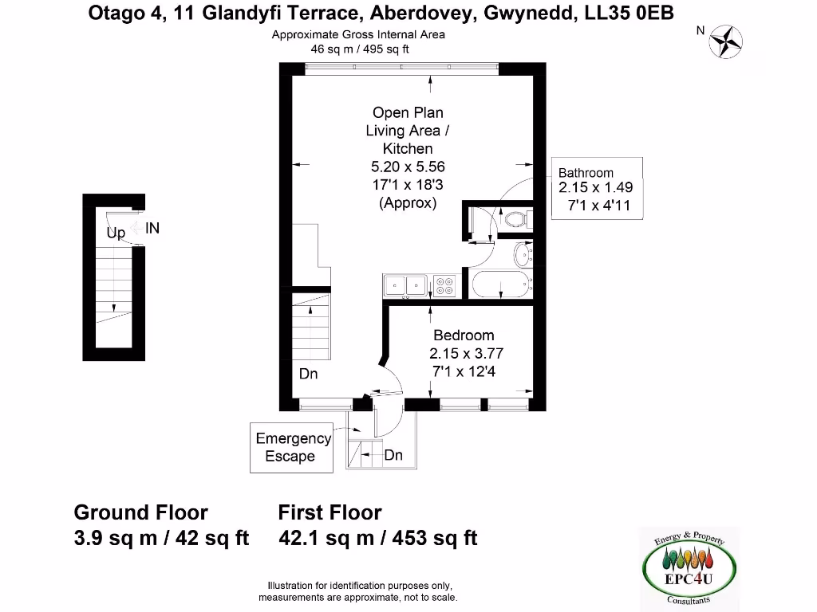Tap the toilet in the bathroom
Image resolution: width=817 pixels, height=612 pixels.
(x=515, y=218)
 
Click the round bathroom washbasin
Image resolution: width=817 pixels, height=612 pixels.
(x=523, y=256)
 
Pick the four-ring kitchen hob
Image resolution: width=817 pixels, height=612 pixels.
(x=444, y=284)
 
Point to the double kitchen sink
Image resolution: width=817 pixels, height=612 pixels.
(x=407, y=285)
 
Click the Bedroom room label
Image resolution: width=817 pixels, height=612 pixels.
(x=464, y=335)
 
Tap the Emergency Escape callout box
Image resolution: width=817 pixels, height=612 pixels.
(x=293, y=447)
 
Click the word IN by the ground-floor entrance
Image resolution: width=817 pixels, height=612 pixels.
(x=152, y=228)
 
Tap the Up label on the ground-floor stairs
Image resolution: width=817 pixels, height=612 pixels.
(x=116, y=233)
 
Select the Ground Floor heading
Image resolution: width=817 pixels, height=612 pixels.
(x=141, y=512)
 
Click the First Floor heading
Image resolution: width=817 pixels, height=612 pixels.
(x=330, y=512)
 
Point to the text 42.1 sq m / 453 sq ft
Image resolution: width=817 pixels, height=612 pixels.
(x=378, y=539)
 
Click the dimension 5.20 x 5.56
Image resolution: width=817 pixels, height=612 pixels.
(x=408, y=167)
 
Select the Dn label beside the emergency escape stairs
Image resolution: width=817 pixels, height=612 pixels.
(x=393, y=455)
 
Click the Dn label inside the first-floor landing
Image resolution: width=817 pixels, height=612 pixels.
(x=309, y=373)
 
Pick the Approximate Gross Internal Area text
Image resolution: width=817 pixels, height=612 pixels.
(x=358, y=34)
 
